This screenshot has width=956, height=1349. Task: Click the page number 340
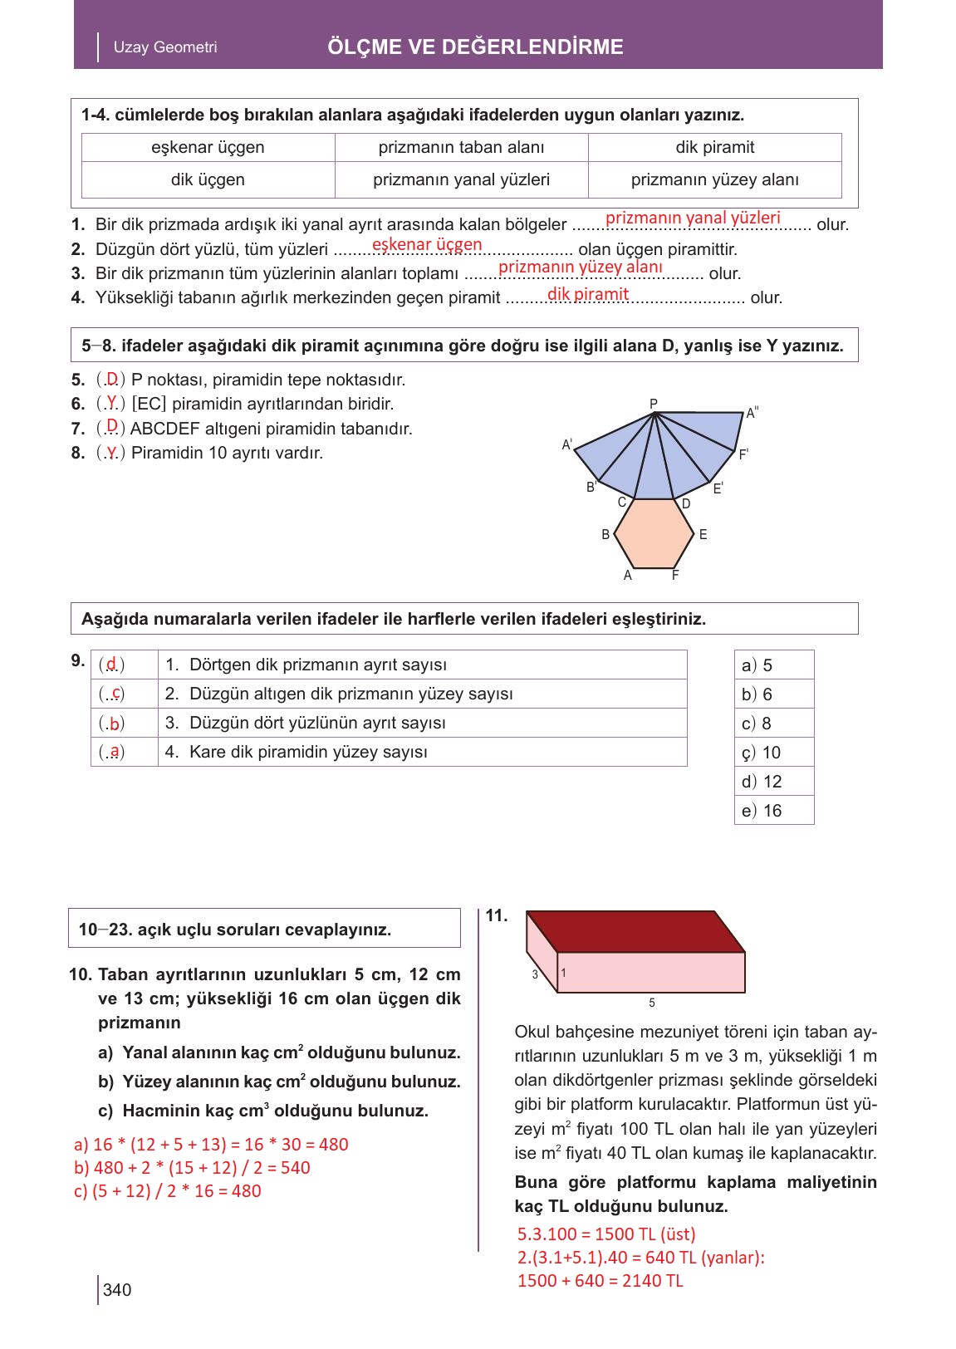[x=117, y=1290]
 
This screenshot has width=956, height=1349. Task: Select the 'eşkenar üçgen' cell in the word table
[x=208, y=148]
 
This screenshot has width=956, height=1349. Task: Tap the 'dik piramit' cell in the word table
[x=714, y=148]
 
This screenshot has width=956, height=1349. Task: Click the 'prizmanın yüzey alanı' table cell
[x=714, y=180]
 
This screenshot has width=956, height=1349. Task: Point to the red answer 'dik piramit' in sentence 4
[x=588, y=294]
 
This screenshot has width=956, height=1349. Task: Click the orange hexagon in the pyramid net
[x=654, y=533]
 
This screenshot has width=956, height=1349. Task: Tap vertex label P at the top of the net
[x=654, y=404]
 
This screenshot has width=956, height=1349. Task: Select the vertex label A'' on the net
[x=753, y=413]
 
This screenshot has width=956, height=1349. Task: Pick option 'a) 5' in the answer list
[x=757, y=665]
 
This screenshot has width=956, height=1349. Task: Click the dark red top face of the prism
[x=636, y=930]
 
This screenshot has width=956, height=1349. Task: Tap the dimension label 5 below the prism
[x=652, y=1003]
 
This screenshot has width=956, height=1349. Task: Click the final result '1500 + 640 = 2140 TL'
[x=600, y=1281]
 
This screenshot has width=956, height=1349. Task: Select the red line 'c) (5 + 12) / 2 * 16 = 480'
[x=168, y=1191]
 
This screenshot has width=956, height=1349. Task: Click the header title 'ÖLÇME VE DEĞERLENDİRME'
[x=475, y=47]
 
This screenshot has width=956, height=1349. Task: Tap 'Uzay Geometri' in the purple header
[x=165, y=47]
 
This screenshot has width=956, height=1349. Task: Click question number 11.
[x=496, y=916]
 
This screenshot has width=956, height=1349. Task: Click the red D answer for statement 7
[x=111, y=427]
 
